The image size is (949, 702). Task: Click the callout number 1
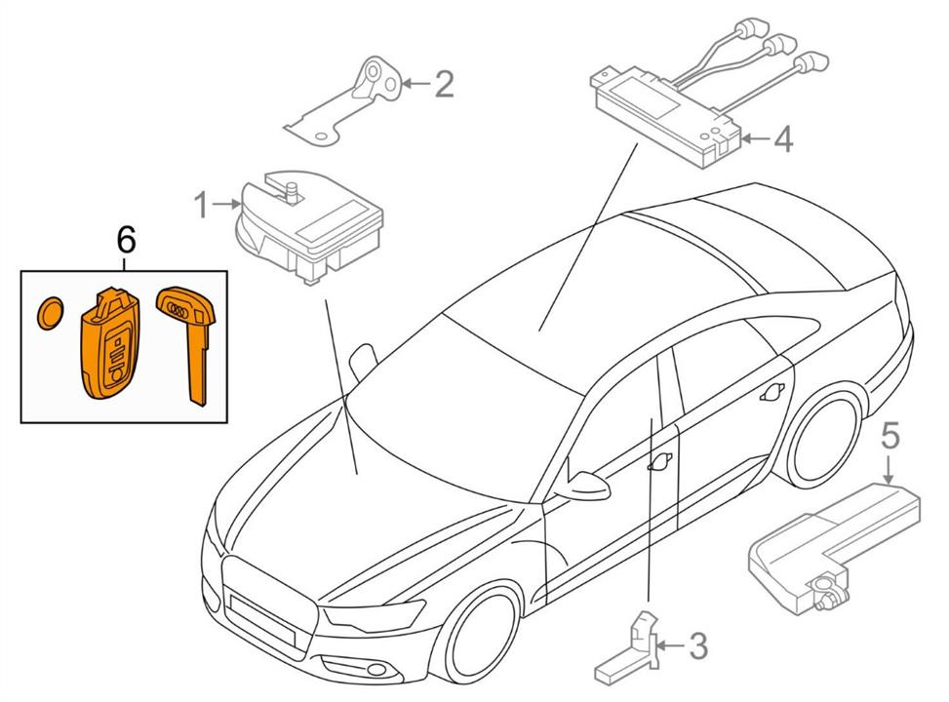pos(201,205)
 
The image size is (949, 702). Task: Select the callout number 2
pos(444,84)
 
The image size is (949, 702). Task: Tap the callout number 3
pos(697,645)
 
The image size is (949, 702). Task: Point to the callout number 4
pos(782,139)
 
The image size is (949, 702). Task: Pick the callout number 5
pos(890,436)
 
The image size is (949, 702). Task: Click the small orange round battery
pos(51,313)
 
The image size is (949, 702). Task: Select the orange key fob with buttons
pos(109,344)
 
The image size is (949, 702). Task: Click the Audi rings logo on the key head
pos(178,310)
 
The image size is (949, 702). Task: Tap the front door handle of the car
pos(660,462)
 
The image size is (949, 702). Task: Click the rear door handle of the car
pos(772,393)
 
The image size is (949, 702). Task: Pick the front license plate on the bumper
pos(260,618)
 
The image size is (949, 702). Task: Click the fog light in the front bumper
pos(375,670)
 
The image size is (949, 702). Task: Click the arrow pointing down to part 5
pos(889,470)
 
